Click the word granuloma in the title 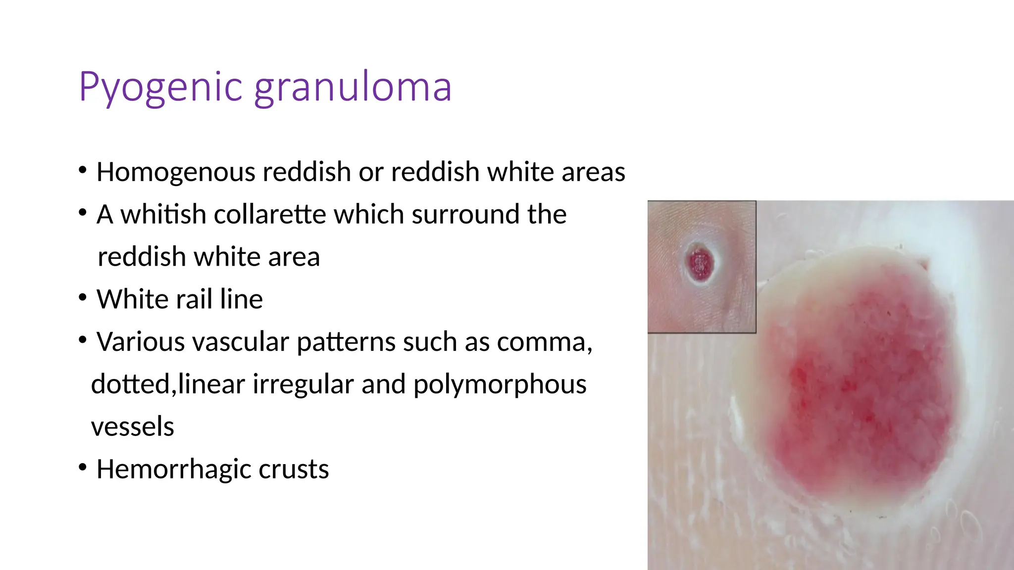pos(353,88)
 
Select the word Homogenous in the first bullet pos(175,172)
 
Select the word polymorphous pos(500,384)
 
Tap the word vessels pos(133,427)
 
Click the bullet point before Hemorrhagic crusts pos(83,467)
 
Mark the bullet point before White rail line pos(83,297)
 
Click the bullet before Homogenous pos(83,170)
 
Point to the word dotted pos(131,384)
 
